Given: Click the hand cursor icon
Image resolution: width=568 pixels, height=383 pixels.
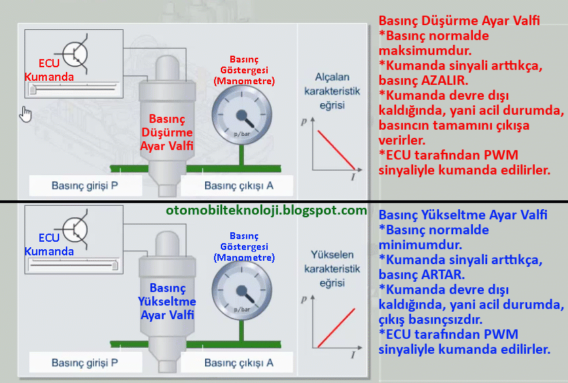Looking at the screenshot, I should coord(26,113).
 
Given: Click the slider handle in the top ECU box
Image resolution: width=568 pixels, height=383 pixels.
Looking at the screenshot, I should coord(32,89).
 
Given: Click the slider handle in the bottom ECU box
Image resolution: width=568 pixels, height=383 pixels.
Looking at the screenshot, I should coord(115,265).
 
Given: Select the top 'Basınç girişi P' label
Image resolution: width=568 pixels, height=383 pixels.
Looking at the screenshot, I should coord(85,185).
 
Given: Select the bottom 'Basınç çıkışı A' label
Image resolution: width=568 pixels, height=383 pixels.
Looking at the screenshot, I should coord(239,362).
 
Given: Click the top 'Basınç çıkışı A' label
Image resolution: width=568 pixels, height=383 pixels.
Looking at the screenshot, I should coord(239,185).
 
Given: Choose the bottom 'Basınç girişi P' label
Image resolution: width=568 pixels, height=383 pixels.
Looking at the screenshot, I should coord(85,362).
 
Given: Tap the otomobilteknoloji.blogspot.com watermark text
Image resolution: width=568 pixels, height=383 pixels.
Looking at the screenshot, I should coord(266,211).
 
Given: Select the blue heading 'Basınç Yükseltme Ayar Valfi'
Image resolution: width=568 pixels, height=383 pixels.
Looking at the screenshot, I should coord(463,215).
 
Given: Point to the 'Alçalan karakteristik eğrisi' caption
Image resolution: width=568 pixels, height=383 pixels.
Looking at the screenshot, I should coord(332,91).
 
